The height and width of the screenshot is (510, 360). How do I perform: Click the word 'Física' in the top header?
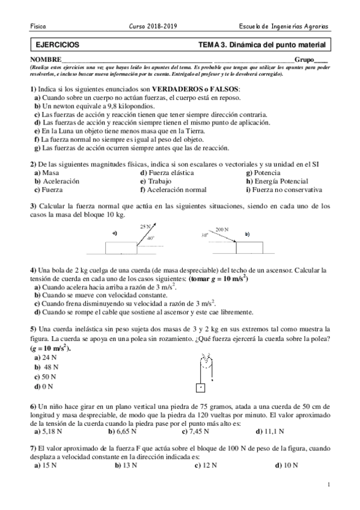(x=38, y=27)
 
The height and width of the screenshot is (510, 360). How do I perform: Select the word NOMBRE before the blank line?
(x=45, y=60)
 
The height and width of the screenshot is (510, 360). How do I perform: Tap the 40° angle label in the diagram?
(x=150, y=238)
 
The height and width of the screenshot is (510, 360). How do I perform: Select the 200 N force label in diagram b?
(x=222, y=229)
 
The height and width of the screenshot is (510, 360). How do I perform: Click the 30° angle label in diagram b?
(x=204, y=236)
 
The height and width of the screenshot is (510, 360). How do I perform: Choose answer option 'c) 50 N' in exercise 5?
(x=46, y=376)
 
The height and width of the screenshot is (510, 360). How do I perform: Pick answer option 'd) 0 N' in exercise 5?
(x=44, y=386)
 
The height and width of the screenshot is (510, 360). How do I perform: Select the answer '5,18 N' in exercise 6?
(x=49, y=431)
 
